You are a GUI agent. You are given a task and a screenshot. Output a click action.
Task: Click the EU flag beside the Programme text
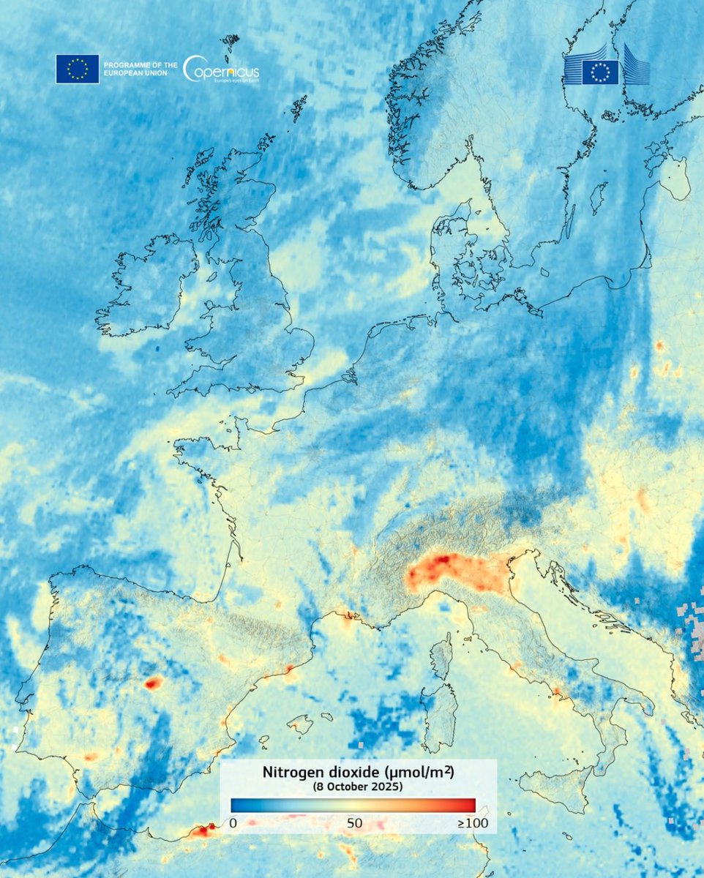pyautogui.click(x=78, y=69)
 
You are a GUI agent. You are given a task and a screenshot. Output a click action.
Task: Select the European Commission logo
pyautogui.click(x=606, y=67)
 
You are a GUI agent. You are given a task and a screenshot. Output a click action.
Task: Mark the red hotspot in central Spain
pyautogui.click(x=153, y=683)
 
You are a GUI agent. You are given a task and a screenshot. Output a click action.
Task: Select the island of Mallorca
pyautogui.click(x=301, y=724)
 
